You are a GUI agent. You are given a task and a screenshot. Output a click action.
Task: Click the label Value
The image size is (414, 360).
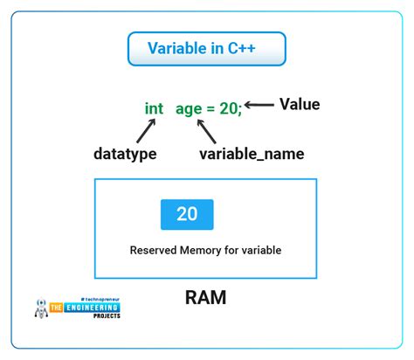point(300,105)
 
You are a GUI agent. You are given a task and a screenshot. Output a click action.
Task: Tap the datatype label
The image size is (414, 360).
point(124,154)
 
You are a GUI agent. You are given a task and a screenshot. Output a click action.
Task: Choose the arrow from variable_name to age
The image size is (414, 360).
point(209,132)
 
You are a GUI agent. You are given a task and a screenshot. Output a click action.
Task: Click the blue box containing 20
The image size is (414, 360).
point(187,215)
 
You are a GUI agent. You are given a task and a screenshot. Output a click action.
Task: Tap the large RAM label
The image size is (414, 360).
point(206,297)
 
